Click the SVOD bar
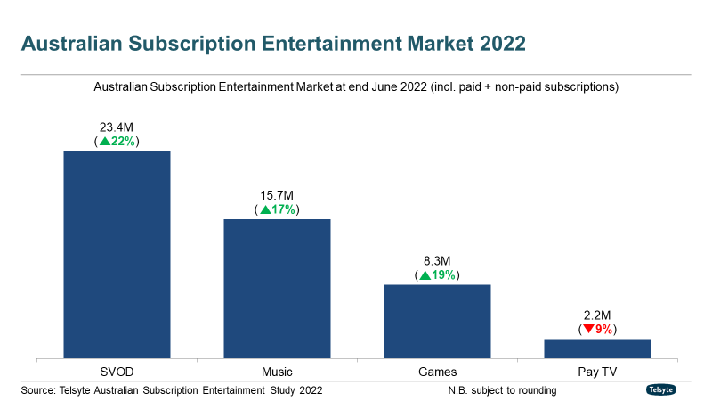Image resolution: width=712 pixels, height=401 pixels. click(x=116, y=254)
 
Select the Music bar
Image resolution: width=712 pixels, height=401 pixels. click(x=277, y=288)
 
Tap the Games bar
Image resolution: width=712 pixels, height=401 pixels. click(x=437, y=321)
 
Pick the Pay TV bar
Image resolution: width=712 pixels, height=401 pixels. click(x=597, y=348)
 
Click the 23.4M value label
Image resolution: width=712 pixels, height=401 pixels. click(x=117, y=127)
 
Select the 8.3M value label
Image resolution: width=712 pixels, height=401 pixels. click(x=437, y=261)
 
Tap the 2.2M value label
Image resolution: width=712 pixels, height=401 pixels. click(x=597, y=315)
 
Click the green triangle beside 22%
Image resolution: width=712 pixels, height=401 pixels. click(x=104, y=142)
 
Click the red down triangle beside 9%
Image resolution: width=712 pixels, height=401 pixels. click(x=588, y=330)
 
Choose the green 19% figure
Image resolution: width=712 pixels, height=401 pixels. click(x=444, y=275)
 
